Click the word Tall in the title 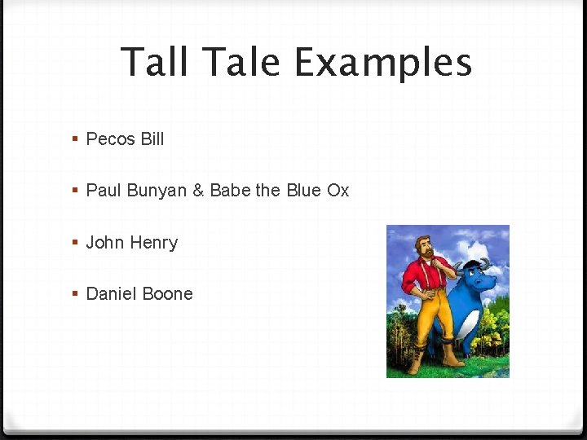(156, 62)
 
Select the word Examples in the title (383, 64)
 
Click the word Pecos (110, 139)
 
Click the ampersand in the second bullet (199, 191)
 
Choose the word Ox (338, 191)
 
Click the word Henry (154, 243)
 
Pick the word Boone (167, 294)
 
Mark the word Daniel (111, 294)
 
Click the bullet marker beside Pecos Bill (75, 139)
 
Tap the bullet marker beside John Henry (75, 243)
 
